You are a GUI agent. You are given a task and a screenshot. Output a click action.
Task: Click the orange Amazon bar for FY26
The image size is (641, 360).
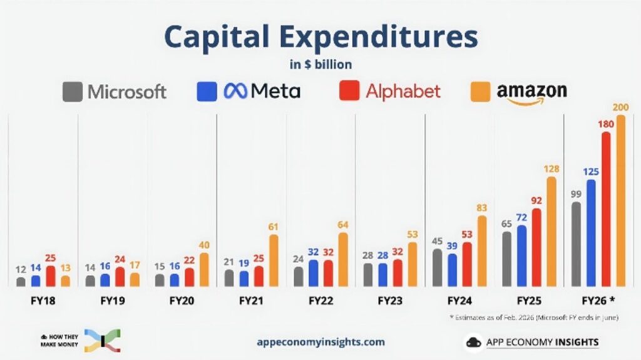coord(620,201)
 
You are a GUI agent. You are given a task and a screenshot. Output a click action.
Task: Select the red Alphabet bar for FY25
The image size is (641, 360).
coord(536,247)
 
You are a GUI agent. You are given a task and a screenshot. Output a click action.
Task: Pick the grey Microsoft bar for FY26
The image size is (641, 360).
coord(576,244)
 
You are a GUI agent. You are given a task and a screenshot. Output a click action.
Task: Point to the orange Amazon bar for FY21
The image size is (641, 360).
coord(274,260)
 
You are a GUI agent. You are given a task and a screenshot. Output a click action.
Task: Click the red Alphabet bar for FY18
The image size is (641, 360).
coord(51,276)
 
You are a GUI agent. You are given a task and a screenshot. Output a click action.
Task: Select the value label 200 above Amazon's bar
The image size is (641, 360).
coord(620,108)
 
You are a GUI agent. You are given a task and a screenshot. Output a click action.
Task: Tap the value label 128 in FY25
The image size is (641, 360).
coord(551,169)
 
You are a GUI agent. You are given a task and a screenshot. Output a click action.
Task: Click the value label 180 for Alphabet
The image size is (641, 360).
coord(605,125)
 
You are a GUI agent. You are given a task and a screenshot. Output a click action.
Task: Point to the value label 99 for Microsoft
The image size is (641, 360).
coord(576,195)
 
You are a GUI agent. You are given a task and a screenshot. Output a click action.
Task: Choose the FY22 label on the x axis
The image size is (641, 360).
coord(320,301)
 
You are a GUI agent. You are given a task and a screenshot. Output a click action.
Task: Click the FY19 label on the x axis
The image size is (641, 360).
coord(113,301)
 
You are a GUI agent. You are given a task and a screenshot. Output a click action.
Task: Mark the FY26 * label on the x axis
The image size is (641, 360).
coord(598,301)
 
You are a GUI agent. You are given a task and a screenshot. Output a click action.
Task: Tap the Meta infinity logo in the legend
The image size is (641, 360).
coord(235,92)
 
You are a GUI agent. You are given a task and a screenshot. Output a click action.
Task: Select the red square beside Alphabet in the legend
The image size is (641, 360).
coord(349,91)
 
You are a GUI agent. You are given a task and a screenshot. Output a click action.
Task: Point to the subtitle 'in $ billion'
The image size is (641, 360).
coord(320,64)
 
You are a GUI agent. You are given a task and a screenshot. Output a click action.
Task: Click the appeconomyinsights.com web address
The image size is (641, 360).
coord(320,342)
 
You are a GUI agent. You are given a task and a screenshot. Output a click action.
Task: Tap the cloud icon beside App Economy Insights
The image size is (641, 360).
coord(474,342)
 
